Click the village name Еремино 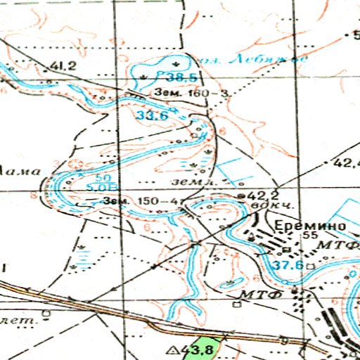[x=309, y=226]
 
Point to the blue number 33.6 [x=152, y=115]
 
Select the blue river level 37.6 [x=288, y=265]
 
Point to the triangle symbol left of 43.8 [x=170, y=349]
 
